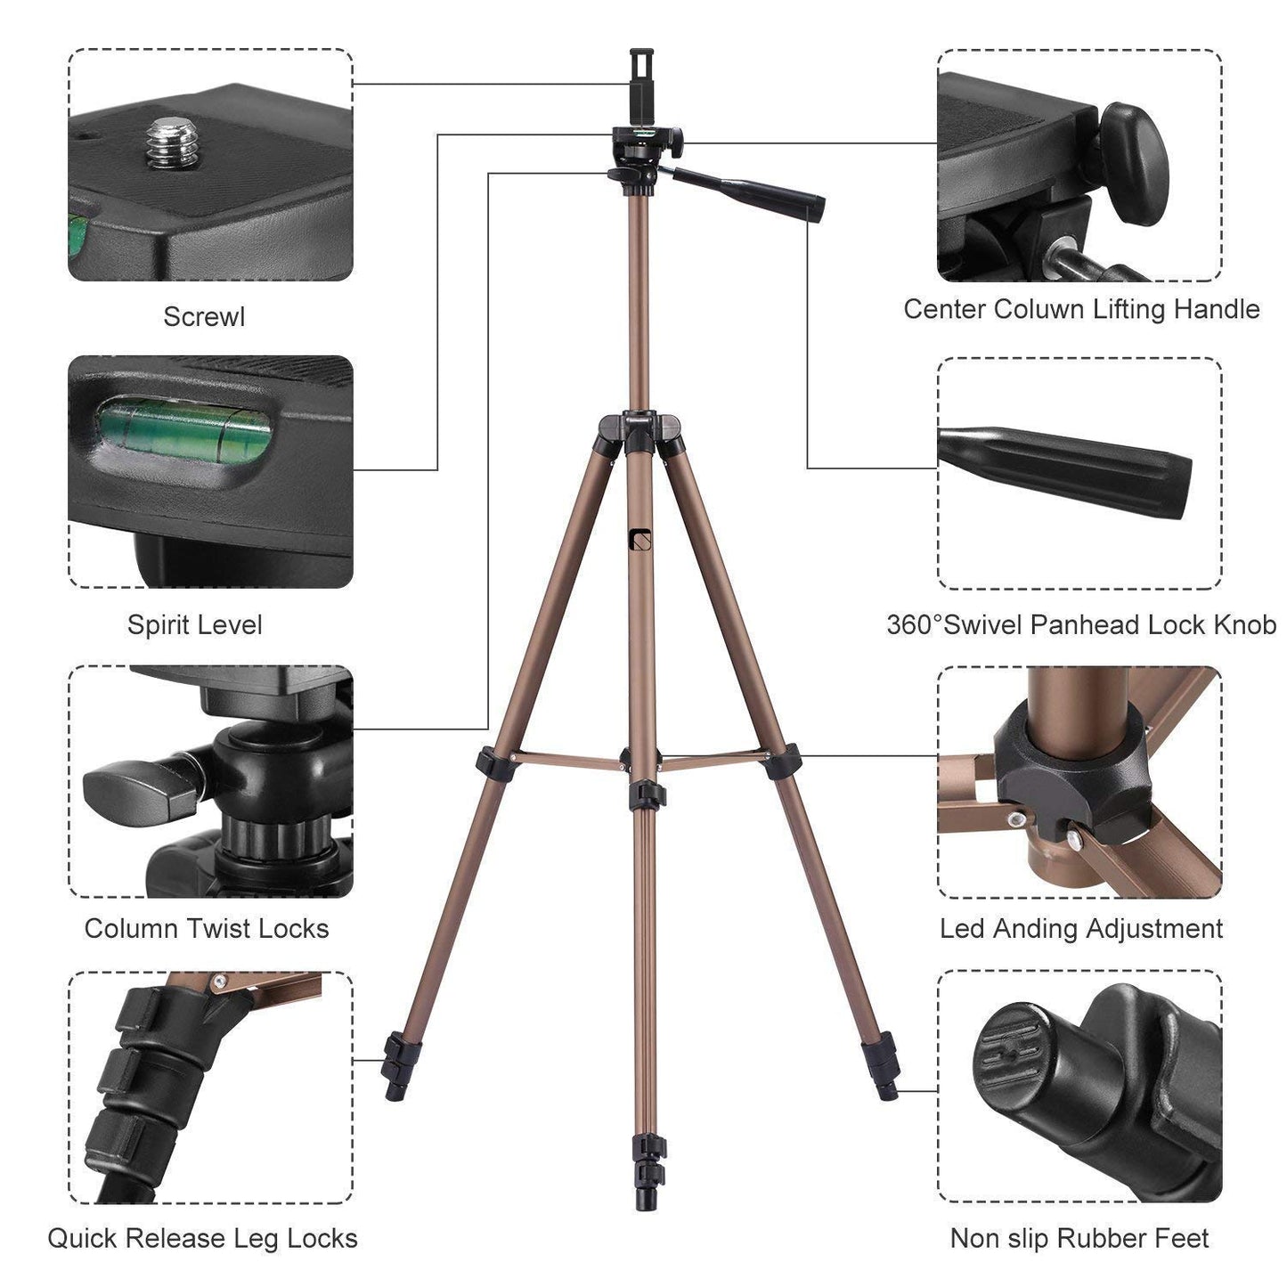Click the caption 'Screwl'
(x=204, y=316)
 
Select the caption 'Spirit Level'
(x=194, y=624)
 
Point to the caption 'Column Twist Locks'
(x=207, y=928)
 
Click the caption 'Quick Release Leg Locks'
(x=202, y=1238)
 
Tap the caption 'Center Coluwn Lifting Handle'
(x=1080, y=309)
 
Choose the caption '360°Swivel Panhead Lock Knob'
(x=1080, y=624)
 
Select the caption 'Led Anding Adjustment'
(x=1080, y=928)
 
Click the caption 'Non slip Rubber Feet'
(x=1079, y=1238)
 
